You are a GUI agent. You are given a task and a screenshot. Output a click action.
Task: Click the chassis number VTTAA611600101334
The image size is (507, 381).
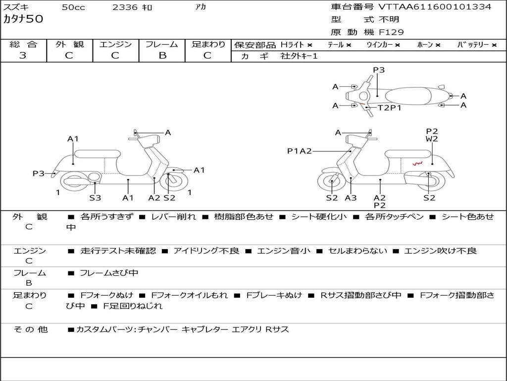(435, 7)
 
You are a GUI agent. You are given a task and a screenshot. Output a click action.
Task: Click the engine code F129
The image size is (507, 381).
(391, 32)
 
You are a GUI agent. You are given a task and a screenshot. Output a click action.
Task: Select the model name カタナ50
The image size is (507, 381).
(23, 19)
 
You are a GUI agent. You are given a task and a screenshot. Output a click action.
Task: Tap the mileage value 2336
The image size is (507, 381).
(125, 7)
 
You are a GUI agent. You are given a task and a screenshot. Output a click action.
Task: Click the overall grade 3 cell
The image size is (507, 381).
(23, 56)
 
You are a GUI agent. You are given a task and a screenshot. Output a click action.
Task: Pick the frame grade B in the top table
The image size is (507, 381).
(162, 56)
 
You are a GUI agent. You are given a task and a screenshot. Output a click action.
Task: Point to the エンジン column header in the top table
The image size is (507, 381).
(115, 45)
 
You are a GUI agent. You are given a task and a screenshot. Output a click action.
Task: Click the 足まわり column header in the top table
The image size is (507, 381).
(208, 45)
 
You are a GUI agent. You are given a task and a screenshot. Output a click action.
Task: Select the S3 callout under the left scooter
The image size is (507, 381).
(95, 198)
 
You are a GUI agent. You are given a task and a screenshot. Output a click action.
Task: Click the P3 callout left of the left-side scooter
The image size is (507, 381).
(39, 173)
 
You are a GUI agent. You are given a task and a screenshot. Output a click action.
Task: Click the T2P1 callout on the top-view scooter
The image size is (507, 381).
(390, 108)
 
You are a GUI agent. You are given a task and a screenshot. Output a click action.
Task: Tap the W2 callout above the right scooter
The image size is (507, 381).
(432, 139)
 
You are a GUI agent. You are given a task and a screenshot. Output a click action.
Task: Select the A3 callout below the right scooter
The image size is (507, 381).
(351, 198)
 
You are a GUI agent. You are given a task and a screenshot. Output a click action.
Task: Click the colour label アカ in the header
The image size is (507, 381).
(201, 7)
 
